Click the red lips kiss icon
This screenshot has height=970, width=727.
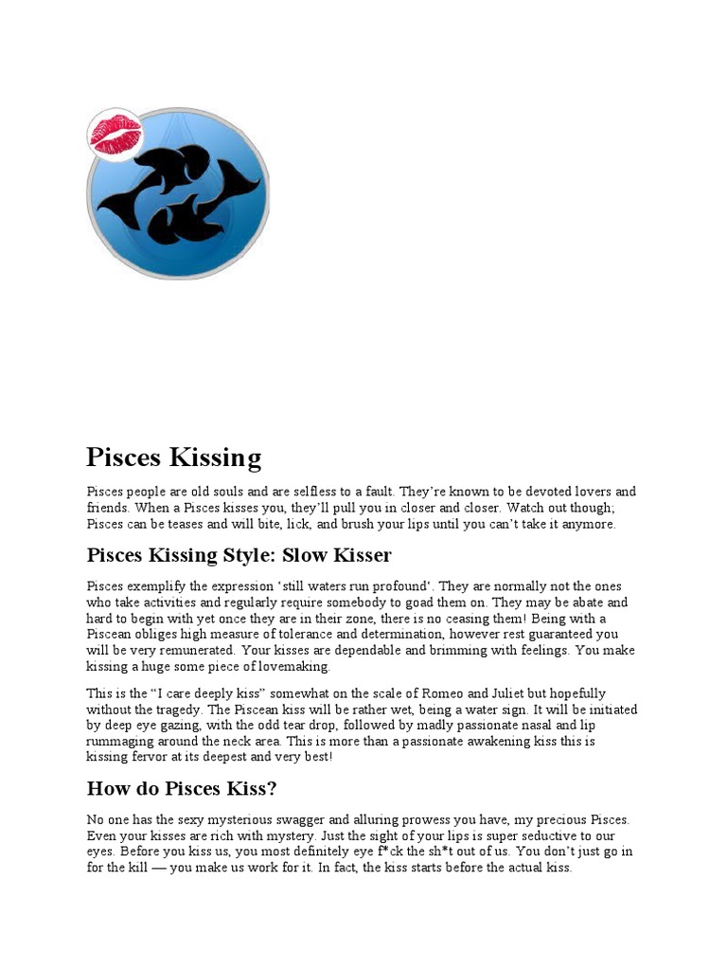(x=115, y=134)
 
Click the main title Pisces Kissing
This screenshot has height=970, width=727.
(x=173, y=458)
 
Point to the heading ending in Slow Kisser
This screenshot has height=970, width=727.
(x=239, y=555)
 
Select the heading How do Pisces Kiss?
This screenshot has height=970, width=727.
(x=181, y=788)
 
